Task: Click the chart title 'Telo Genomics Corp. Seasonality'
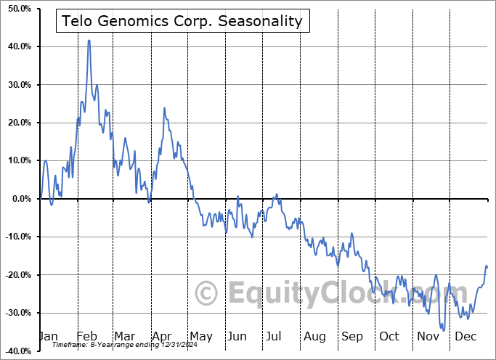pos(183,21)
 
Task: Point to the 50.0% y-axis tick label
pos(17,9)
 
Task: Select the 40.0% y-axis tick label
pos(17,46)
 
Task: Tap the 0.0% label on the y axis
pos(19,199)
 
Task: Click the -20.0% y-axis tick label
pos(15,275)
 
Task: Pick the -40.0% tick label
pos(15,351)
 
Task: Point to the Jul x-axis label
pos(275,336)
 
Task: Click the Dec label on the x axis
pos(465,336)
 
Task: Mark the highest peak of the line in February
pos(89,41)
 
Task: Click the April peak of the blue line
pos(164,108)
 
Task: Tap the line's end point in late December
pos(487,268)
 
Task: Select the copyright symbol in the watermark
pos(207,294)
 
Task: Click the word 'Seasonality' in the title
pos(267,21)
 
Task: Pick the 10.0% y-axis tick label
pos(17,160)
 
